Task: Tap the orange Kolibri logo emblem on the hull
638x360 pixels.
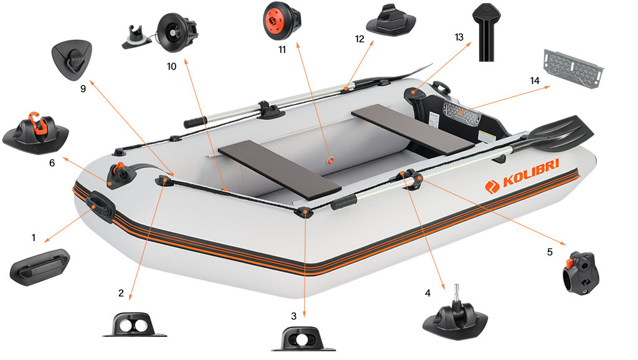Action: click(492, 187)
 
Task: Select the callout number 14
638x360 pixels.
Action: click(535, 80)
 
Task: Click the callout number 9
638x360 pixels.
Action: click(83, 88)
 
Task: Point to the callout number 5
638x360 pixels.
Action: click(550, 252)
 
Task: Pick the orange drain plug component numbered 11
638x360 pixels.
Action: click(282, 21)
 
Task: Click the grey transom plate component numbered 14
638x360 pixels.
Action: click(573, 68)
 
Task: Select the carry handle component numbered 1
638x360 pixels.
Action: click(39, 267)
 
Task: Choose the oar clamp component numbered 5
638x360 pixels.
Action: click(581, 272)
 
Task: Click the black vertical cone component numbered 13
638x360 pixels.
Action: click(486, 32)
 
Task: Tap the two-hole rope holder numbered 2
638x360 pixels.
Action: click(135, 324)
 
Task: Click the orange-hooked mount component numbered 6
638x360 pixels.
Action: click(36, 131)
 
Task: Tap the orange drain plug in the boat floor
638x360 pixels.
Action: click(330, 161)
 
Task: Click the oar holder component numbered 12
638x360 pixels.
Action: click(391, 20)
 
